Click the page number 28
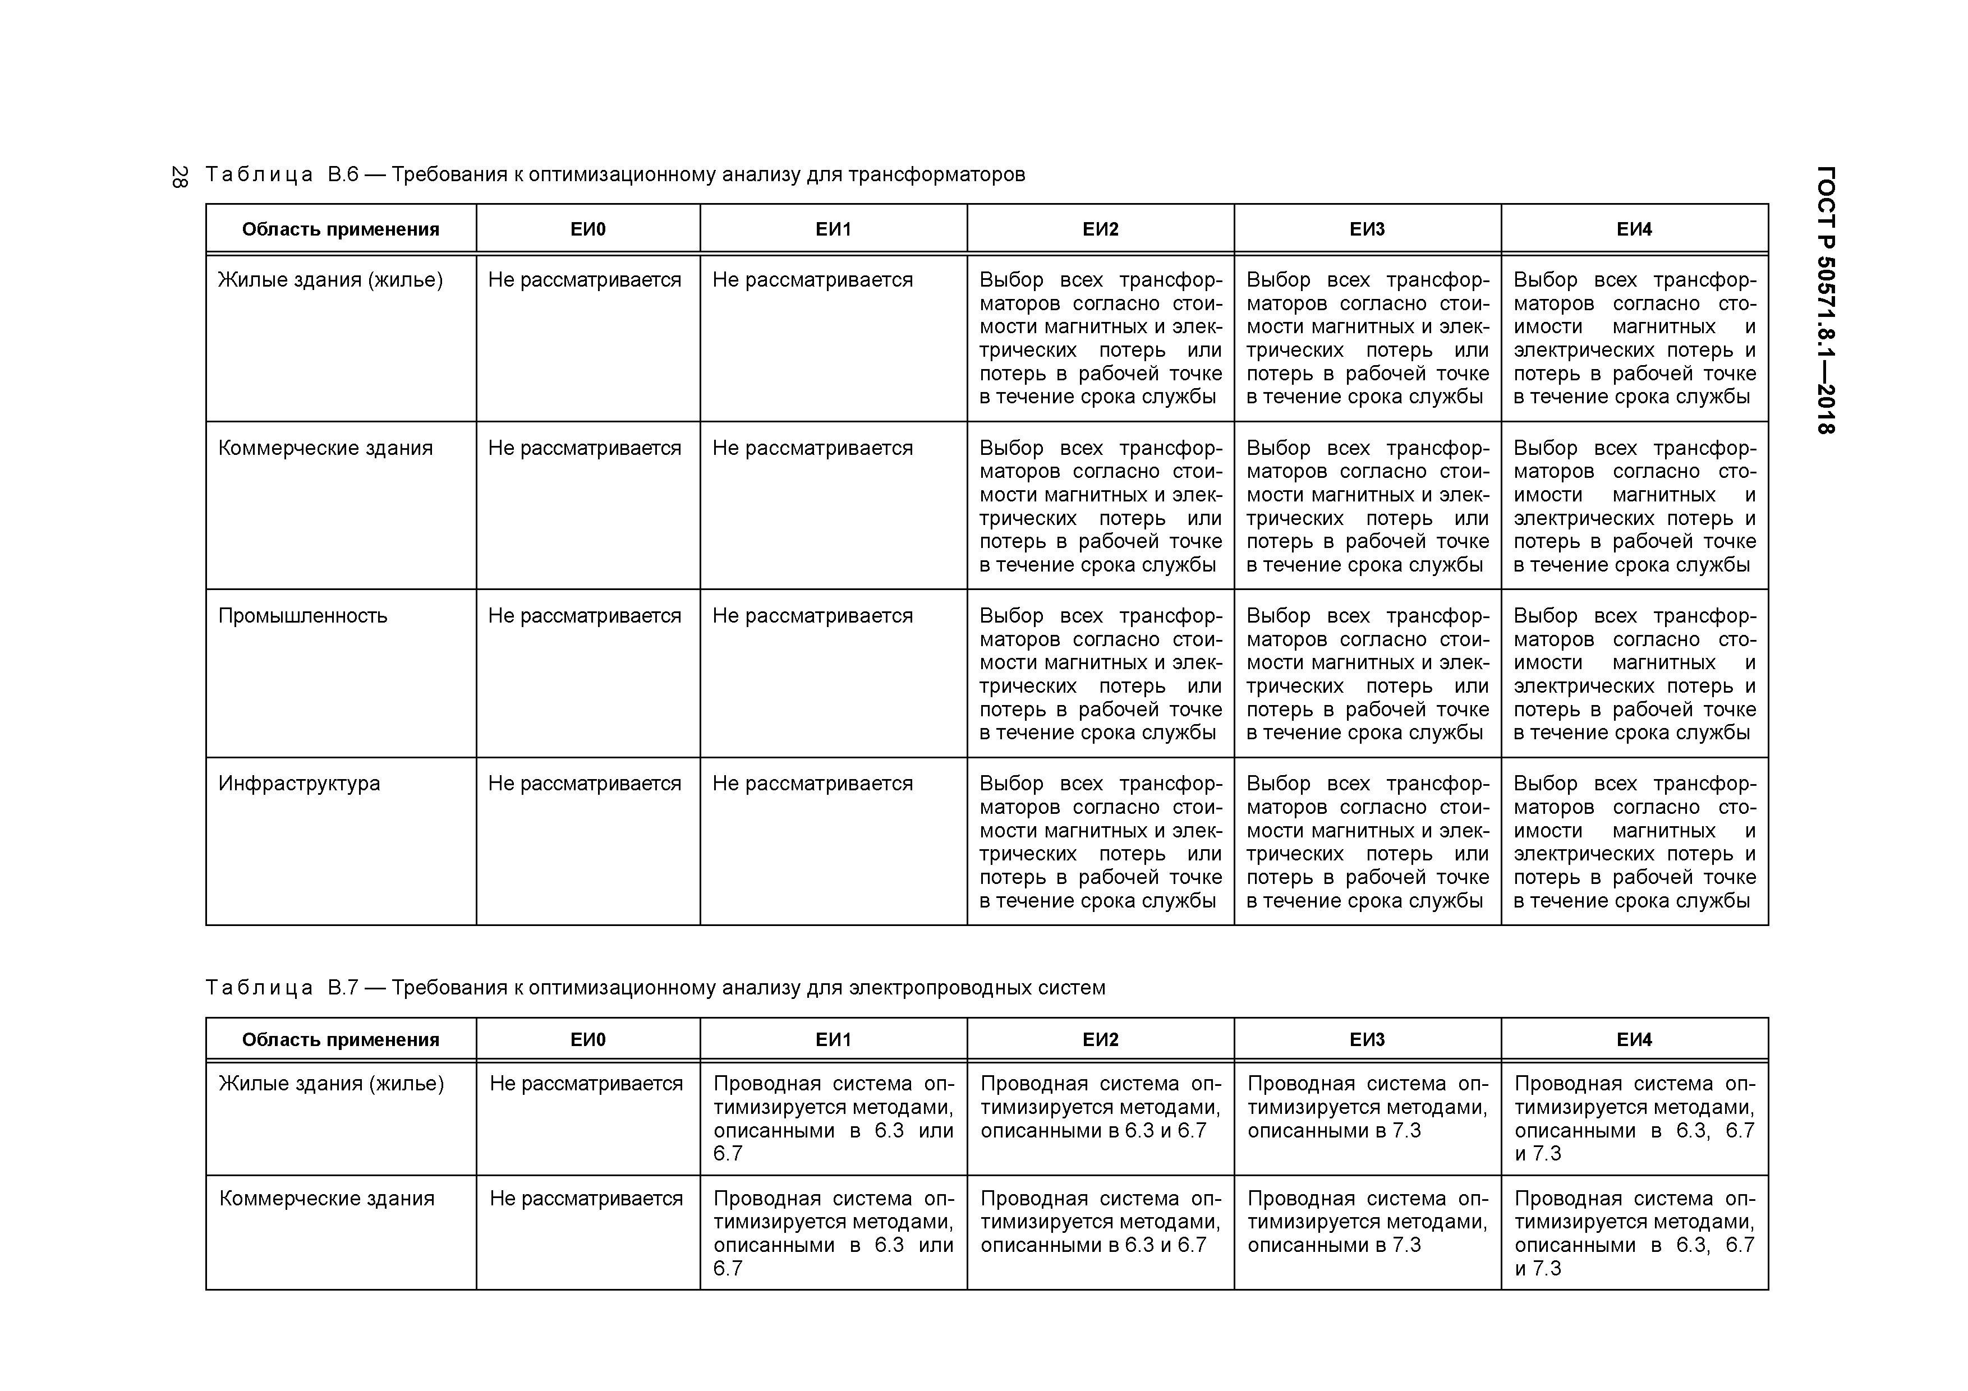[179, 177]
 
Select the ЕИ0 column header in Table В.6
[588, 229]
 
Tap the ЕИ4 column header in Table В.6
[1634, 229]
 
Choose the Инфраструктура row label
[299, 784]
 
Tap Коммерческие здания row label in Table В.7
[327, 1198]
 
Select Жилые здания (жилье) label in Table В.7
[332, 1083]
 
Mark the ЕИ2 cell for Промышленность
[1101, 674]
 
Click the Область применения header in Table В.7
[341, 1040]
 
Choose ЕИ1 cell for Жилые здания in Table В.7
[833, 1118]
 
